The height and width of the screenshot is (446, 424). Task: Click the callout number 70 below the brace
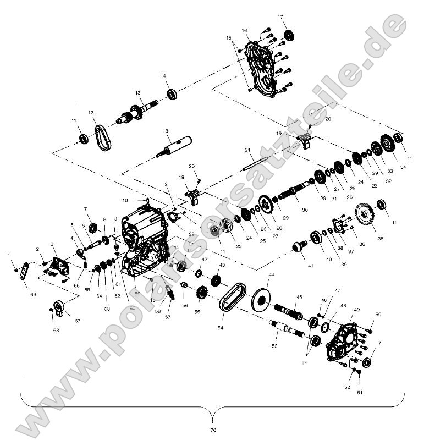[x=213, y=429]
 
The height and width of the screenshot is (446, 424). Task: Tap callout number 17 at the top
[x=280, y=18]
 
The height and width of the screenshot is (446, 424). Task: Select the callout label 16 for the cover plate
[x=244, y=30]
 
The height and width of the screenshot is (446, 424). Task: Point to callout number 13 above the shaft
[x=138, y=93]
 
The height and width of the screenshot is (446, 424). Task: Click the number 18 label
[x=149, y=131]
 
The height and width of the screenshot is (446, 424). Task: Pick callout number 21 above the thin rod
[x=247, y=150]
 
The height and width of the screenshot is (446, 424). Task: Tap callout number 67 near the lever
[x=77, y=320]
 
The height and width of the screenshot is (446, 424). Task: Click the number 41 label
[x=310, y=266]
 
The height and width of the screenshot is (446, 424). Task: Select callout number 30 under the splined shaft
[x=304, y=210]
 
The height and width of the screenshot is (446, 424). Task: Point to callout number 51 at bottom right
[x=361, y=393]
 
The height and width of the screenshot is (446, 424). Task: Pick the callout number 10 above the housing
[x=125, y=200]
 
